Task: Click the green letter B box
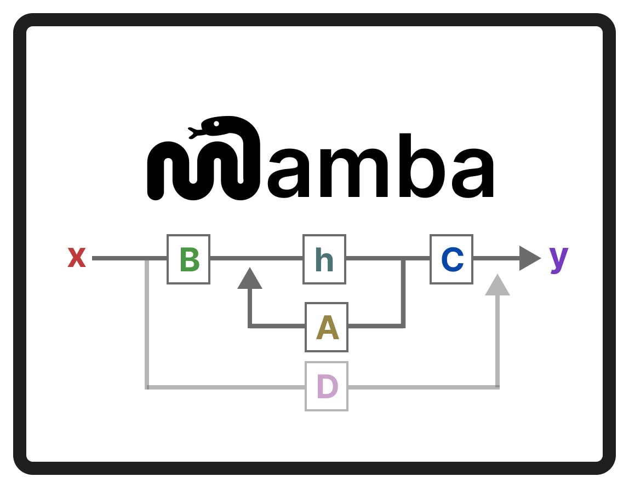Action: click(188, 259)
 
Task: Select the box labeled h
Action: click(324, 259)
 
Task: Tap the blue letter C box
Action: click(451, 259)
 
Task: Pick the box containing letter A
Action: click(327, 327)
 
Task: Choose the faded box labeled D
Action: click(327, 386)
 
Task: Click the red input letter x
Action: click(77, 258)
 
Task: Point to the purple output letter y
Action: click(559, 258)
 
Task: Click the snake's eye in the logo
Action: click(216, 124)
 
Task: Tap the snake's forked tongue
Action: click(193, 132)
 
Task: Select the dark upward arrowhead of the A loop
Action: click(250, 279)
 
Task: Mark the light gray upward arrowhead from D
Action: click(498, 286)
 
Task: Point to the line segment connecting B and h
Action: click(256, 258)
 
